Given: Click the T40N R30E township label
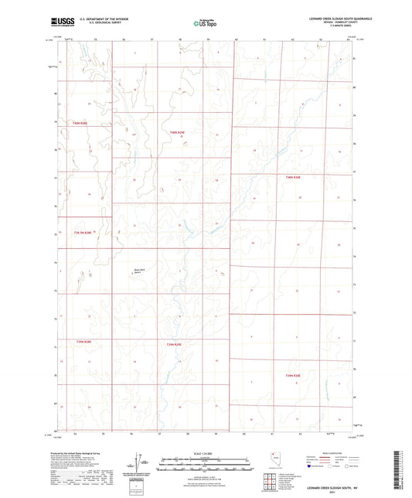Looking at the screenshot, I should click(x=292, y=177).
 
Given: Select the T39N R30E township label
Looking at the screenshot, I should click(x=292, y=375).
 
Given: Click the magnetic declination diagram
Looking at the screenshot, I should click(x=141, y=462).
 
